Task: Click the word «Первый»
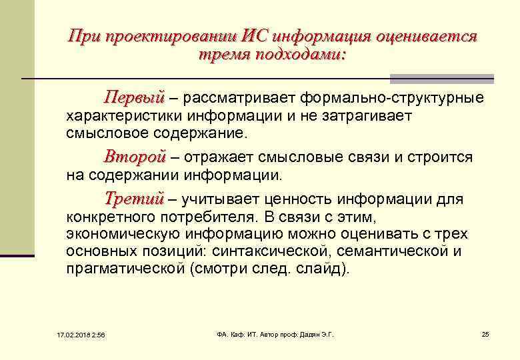pos(134,99)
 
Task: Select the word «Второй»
pos(134,157)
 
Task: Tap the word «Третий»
pos(134,199)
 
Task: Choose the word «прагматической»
pos(125,269)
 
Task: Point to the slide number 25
pos(485,334)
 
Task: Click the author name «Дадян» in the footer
pos(309,334)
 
